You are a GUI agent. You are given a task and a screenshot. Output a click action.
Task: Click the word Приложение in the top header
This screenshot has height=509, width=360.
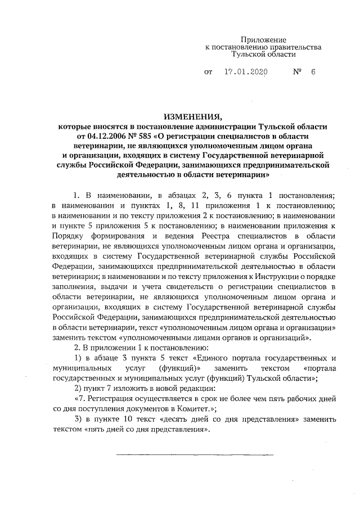264,40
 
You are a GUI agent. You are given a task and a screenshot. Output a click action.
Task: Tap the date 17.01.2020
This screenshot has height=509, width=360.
245,73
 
